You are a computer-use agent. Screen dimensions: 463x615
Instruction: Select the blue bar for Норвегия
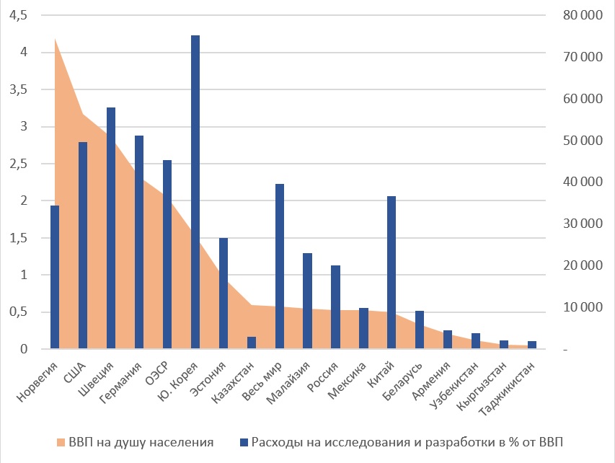pyautogui.click(x=55, y=278)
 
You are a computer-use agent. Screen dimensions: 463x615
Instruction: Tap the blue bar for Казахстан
pyautogui.click(x=252, y=343)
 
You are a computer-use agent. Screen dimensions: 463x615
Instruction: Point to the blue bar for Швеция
pyautogui.click(x=111, y=228)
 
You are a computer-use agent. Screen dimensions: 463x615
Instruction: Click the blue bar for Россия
pyautogui.click(x=335, y=307)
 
